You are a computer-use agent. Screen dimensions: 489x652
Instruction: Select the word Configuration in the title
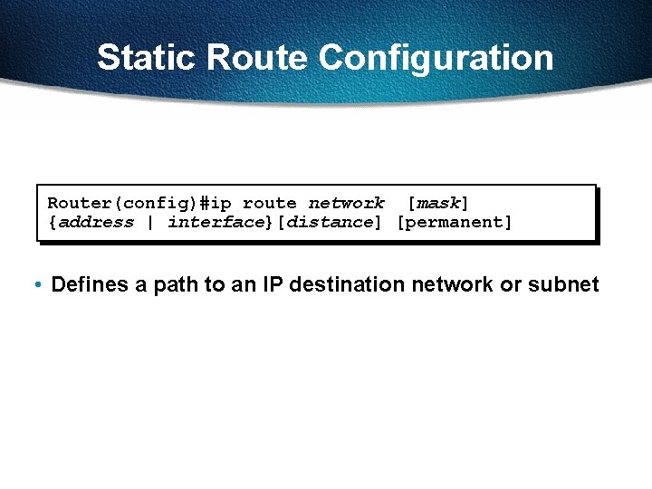tap(436, 58)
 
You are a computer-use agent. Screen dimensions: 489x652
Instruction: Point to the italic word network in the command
tap(346, 204)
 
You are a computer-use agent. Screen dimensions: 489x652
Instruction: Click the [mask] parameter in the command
tap(438, 204)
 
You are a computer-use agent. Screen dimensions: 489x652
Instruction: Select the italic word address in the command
tap(96, 222)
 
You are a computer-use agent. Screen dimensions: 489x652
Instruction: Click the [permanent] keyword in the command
tap(455, 222)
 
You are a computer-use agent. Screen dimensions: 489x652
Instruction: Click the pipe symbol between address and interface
tap(150, 222)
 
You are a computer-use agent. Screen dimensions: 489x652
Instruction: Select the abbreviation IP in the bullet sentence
tap(273, 285)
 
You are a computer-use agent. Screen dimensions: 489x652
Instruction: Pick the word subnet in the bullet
tap(563, 285)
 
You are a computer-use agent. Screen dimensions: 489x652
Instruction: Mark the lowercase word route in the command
tap(270, 204)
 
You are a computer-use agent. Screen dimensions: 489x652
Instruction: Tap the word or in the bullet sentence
tap(511, 285)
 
